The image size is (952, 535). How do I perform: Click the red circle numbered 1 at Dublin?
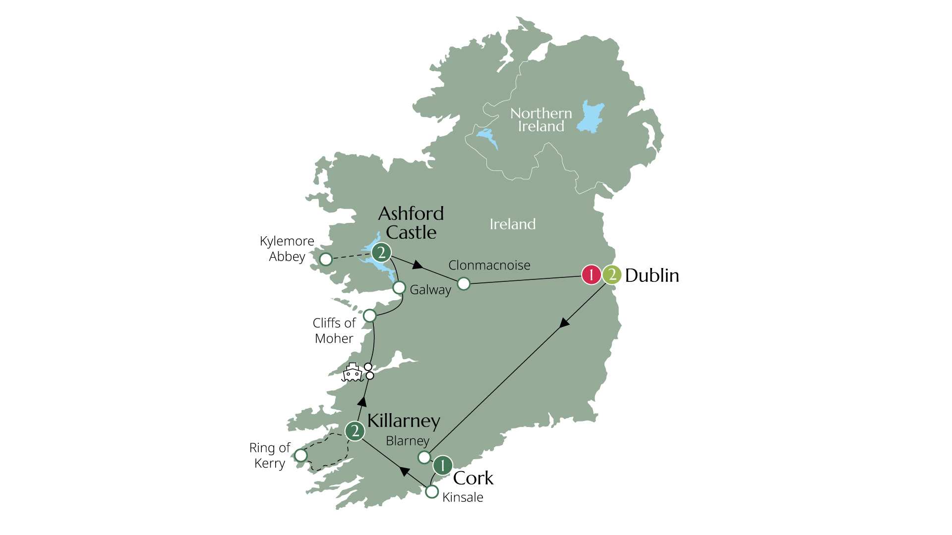click(x=591, y=274)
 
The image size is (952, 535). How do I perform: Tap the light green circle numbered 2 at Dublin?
click(x=612, y=274)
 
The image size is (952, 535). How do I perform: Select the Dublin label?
click(x=652, y=275)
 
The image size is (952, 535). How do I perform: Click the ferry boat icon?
click(x=352, y=373)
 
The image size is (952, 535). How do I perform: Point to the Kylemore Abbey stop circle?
click(x=326, y=259)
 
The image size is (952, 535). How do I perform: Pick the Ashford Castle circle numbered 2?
click(x=381, y=253)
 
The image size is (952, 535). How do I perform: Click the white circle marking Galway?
click(x=399, y=287)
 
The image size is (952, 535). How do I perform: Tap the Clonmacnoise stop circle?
click(x=464, y=283)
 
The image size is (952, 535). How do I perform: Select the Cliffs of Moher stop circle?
click(x=370, y=316)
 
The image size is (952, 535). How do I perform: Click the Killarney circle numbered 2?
click(x=355, y=431)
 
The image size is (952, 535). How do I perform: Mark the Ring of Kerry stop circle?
click(x=301, y=455)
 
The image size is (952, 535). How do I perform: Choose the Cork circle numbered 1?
click(x=442, y=466)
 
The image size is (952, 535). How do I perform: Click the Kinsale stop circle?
click(x=432, y=491)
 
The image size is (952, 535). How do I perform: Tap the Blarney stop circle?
click(x=424, y=457)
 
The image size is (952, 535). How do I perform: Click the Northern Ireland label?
click(x=541, y=120)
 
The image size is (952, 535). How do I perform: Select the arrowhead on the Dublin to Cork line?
click(x=564, y=323)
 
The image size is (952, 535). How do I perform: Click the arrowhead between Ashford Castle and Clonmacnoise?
click(x=417, y=266)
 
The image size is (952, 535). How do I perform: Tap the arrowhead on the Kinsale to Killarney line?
click(x=405, y=472)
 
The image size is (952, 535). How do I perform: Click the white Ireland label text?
click(x=513, y=224)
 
